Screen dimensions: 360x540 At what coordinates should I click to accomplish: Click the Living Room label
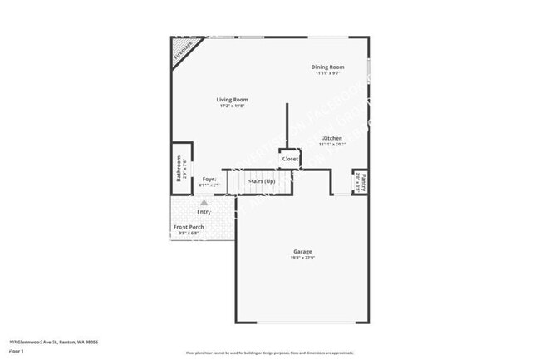233,100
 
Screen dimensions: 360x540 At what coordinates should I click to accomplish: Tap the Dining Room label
327,67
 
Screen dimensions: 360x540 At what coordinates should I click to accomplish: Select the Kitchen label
331,138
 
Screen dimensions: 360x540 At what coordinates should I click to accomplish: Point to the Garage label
302,251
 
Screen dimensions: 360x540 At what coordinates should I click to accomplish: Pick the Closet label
290,159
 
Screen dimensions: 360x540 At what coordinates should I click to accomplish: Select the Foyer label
209,179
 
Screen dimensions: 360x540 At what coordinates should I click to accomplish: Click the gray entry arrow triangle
204,201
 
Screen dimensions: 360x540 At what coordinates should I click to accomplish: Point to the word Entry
204,211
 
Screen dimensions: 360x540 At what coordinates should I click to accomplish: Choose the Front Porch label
189,227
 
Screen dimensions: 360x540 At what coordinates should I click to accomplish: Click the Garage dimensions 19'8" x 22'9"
302,259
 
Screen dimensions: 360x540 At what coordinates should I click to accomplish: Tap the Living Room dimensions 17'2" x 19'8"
233,106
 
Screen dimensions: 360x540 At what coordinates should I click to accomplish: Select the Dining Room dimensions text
327,73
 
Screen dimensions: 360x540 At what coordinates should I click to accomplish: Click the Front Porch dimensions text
189,234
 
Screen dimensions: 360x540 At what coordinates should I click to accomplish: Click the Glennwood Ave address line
53,342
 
